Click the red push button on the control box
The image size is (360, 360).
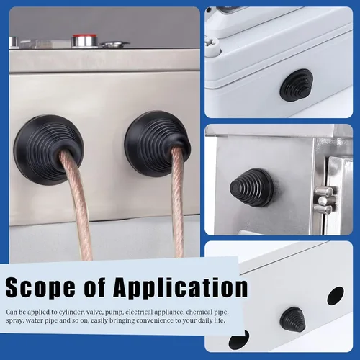coord(85,40)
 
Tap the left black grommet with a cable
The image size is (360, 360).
coord(48,149)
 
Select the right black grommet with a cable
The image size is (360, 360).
coord(158,143)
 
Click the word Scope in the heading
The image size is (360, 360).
coord(40,287)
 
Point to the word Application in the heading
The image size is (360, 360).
coord(181,287)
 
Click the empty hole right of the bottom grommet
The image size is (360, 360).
coord(336,296)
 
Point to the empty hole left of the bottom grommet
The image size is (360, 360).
coord(239,339)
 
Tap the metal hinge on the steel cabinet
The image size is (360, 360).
coord(324,200)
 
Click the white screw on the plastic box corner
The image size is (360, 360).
coord(212,46)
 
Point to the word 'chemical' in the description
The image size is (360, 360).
coord(199,312)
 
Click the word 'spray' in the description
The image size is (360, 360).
coord(14,321)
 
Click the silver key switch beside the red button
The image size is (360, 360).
coord(114,45)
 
